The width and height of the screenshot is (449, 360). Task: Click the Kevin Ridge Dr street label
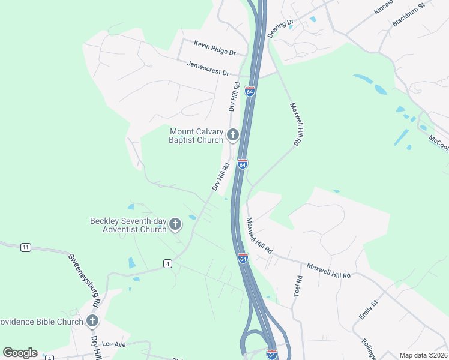[215, 44]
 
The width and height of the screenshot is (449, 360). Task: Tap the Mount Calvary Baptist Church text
[196, 136]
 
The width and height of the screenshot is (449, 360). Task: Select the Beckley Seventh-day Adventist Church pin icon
[175, 225]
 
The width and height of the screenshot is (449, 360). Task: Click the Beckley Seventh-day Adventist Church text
[128, 225]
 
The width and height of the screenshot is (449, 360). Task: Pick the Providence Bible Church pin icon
[92, 321]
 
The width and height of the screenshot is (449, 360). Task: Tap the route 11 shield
[25, 247]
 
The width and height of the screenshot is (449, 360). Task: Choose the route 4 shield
[167, 263]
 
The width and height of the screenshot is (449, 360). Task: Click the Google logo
[20, 353]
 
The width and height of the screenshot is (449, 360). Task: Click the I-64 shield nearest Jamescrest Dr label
[250, 92]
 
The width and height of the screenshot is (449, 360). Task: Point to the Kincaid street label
[383, 7]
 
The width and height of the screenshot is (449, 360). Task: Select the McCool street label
[439, 143]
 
